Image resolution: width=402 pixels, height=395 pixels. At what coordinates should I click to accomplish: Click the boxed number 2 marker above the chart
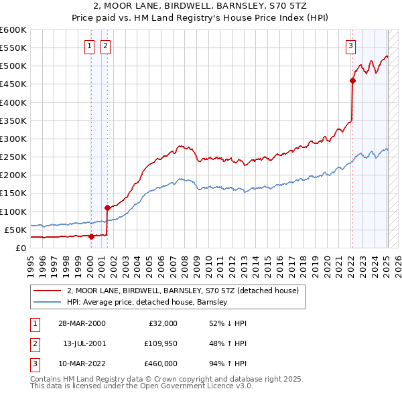(x=106, y=46)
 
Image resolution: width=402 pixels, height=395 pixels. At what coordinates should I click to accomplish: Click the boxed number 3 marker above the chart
(x=350, y=46)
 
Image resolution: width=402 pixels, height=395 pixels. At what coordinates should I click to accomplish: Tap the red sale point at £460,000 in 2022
(x=352, y=81)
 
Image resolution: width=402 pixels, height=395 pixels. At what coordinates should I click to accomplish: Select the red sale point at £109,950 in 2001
(x=107, y=208)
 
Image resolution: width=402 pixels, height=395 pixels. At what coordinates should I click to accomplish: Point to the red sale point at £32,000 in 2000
(x=91, y=236)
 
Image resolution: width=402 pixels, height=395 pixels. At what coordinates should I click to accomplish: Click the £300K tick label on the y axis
(x=13, y=139)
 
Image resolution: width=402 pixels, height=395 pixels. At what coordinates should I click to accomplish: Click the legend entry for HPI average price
(x=147, y=303)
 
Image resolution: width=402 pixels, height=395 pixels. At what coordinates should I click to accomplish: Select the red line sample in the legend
(x=47, y=291)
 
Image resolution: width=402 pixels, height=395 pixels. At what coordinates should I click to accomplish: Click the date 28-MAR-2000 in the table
(x=81, y=323)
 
